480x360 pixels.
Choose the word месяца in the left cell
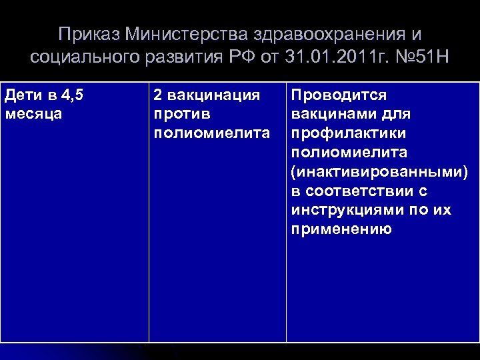[33, 113]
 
